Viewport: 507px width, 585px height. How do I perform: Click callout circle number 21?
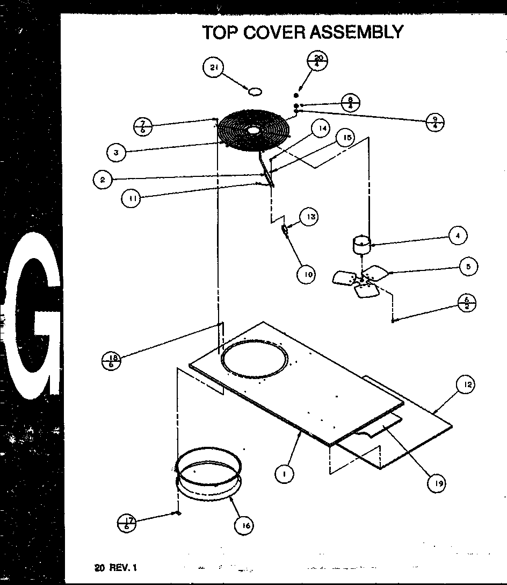click(213, 67)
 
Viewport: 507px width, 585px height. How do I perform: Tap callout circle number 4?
click(457, 236)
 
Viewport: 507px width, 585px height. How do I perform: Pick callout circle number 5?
click(468, 267)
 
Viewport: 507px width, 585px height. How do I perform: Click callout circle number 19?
click(437, 483)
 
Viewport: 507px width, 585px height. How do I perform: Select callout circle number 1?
click(283, 473)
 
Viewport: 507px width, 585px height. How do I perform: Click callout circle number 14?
click(321, 129)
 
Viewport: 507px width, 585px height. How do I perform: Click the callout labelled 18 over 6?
click(111, 360)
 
